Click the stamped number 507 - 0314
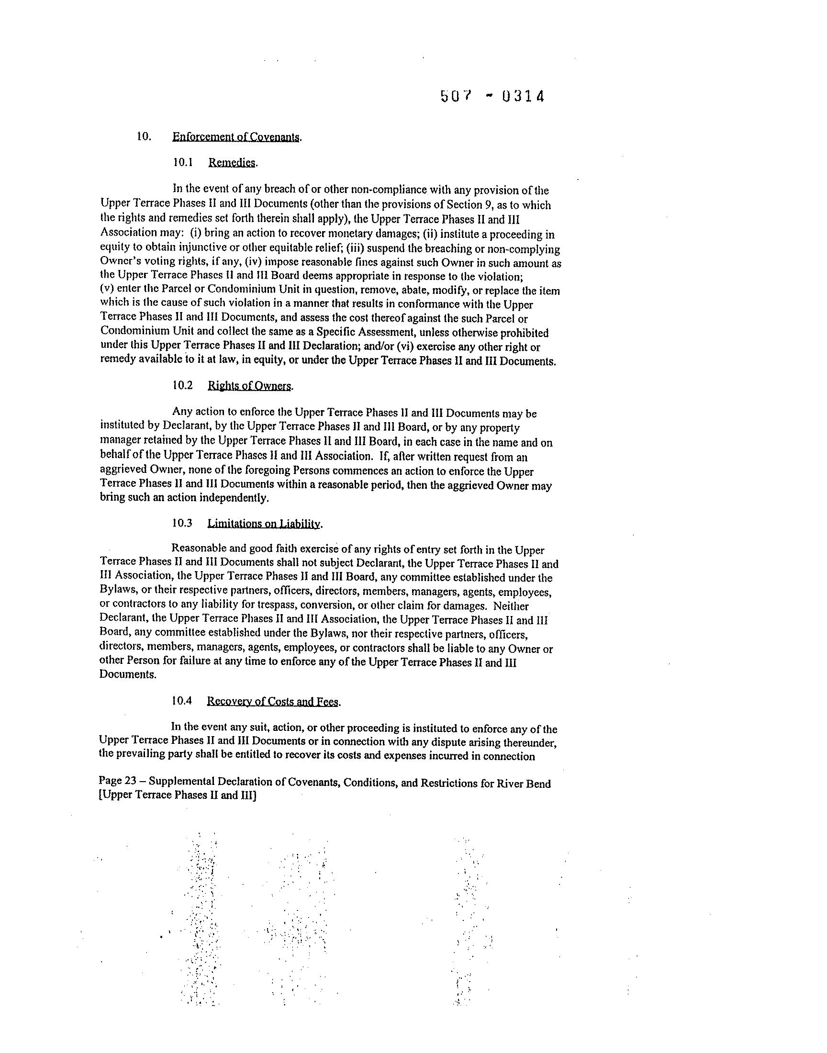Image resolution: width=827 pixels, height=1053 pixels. pos(492,96)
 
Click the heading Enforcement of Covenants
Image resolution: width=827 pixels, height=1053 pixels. pos(236,137)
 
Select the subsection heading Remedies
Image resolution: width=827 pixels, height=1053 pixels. pos(232,163)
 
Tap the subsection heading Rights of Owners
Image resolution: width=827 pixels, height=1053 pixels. pos(250,386)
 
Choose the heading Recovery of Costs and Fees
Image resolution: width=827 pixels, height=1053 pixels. pos(273,702)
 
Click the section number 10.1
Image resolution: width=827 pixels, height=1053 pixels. pos(183,163)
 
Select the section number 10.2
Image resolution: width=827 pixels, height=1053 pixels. pos(182,386)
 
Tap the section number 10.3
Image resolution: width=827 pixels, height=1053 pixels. pos(182,523)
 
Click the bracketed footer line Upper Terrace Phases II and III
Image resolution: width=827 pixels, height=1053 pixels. pos(177,795)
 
